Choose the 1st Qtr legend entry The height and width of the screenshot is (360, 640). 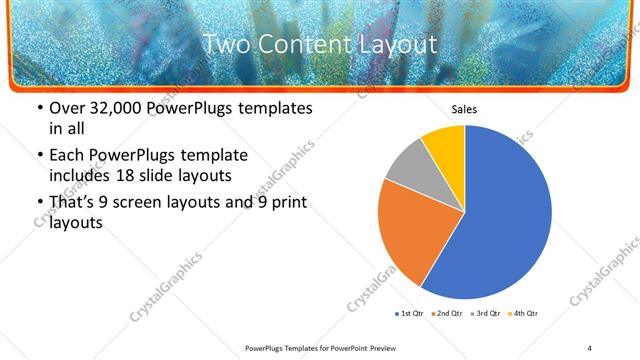(410, 314)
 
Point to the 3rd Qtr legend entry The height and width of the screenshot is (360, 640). (485, 314)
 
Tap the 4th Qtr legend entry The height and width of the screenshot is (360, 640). (524, 314)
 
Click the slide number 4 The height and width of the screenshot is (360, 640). (590, 348)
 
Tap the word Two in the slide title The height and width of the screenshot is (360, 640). (225, 44)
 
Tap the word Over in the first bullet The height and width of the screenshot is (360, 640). (68, 108)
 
